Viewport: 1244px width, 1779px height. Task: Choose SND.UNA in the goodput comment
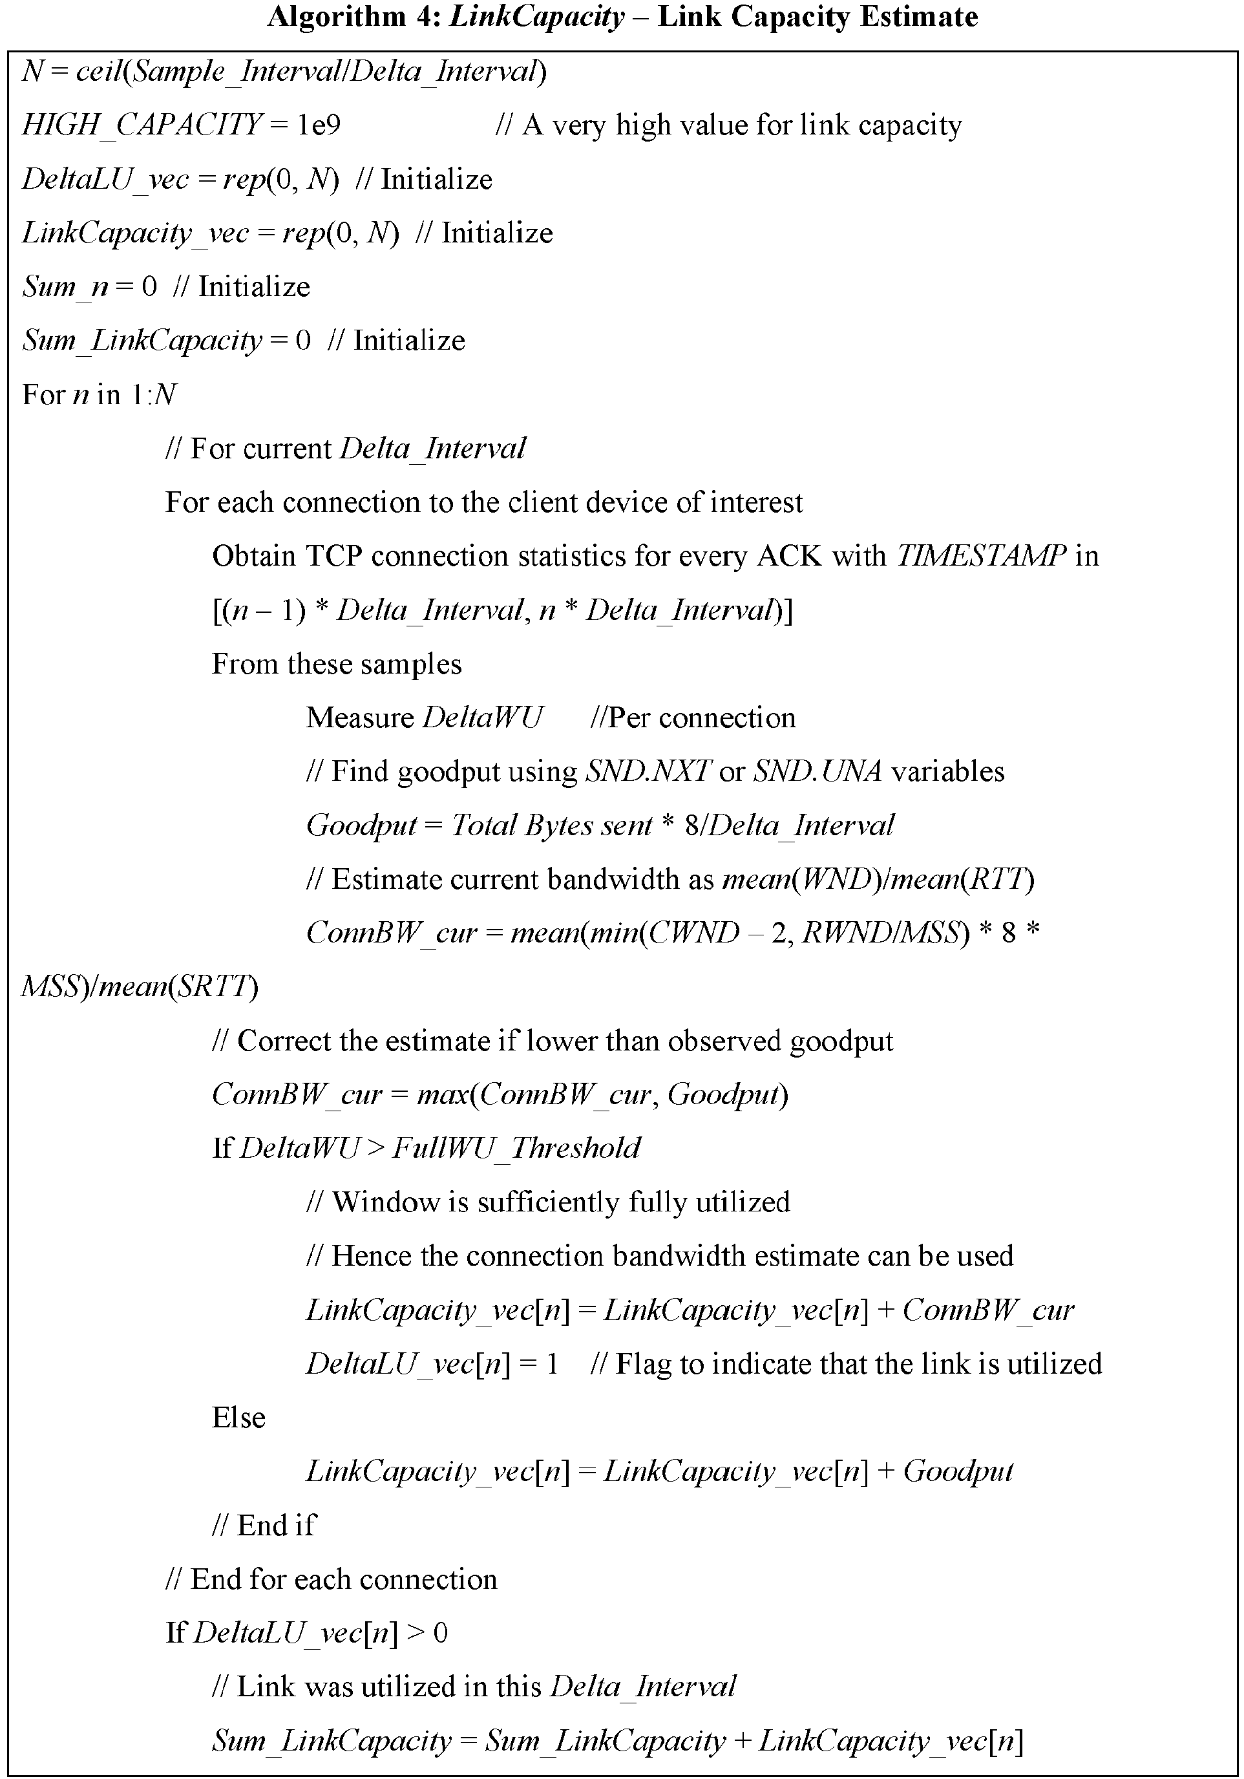click(818, 771)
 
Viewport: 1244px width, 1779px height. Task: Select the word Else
click(238, 1417)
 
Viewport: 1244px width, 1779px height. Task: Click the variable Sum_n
click(65, 286)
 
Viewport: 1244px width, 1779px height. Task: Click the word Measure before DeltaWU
click(360, 718)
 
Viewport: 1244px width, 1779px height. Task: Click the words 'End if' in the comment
click(277, 1525)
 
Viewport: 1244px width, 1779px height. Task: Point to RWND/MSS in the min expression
click(880, 933)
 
